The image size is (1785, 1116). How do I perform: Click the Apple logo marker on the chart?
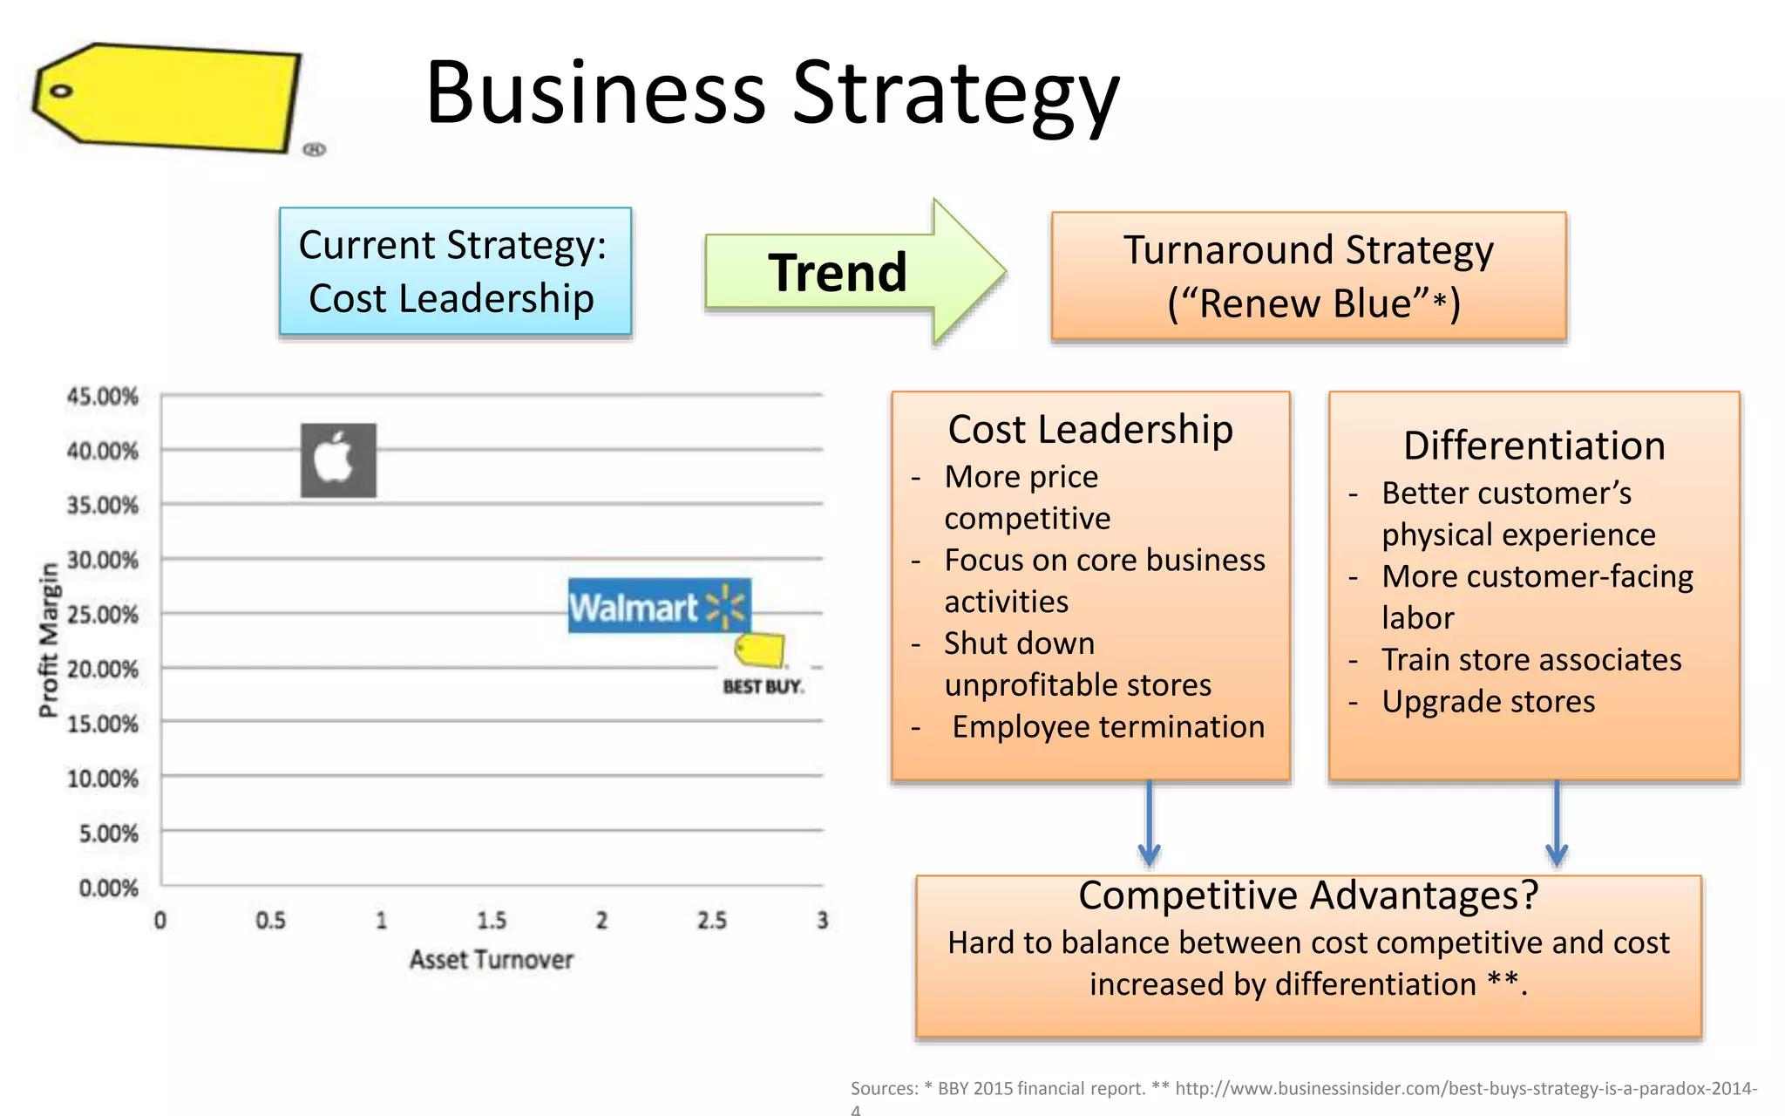click(338, 460)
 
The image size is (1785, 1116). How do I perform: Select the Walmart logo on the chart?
click(659, 606)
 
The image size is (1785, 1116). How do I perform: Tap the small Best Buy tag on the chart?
click(760, 650)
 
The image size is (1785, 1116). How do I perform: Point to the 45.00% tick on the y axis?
click(103, 397)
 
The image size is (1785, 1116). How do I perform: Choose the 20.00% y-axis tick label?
click(103, 670)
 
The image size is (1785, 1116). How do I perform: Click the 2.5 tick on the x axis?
click(711, 921)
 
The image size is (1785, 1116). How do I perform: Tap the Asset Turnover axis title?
click(491, 960)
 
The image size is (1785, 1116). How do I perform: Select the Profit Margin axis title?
click(49, 641)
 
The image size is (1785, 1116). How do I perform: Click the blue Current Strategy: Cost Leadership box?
click(455, 271)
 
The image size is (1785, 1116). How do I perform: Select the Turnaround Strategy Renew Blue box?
click(1308, 276)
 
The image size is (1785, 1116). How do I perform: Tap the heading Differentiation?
click(1534, 446)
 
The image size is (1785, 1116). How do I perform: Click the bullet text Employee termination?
click(1107, 727)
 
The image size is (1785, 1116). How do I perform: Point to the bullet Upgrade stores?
click(1488, 702)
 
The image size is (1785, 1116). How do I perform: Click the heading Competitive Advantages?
click(1307, 895)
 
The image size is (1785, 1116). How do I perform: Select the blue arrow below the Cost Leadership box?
click(1149, 824)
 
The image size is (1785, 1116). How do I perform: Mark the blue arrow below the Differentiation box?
click(1557, 824)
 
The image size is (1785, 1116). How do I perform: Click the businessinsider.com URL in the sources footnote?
click(1464, 1088)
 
